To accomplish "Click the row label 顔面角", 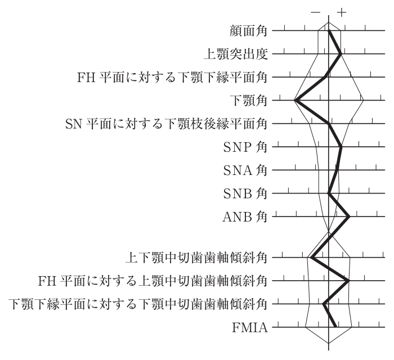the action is click(248, 31).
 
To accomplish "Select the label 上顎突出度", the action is click(235, 54).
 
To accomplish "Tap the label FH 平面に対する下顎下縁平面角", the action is click(172, 78).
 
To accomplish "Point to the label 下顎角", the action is click(248, 101).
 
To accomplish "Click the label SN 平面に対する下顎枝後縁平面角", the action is click(166, 124).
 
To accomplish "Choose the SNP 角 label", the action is click(245, 147).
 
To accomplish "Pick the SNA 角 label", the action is click(245, 170).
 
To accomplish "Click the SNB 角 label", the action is click(245, 193).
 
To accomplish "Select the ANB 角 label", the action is click(245, 217).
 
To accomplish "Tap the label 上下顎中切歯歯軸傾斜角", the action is click(196, 258).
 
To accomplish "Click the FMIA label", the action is click(249, 327).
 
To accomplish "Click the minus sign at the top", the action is click(316, 12).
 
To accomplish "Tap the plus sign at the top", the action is click(342, 12).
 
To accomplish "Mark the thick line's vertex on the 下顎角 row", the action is click(295, 100).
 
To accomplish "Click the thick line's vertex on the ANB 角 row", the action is click(349, 217).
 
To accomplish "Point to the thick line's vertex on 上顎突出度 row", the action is click(341, 54).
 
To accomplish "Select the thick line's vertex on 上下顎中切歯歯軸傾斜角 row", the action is click(312, 257).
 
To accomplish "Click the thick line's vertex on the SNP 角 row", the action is click(341, 147).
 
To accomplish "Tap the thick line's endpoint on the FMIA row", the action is click(335, 327).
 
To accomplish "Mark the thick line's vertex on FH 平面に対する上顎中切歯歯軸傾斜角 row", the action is click(348, 281).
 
